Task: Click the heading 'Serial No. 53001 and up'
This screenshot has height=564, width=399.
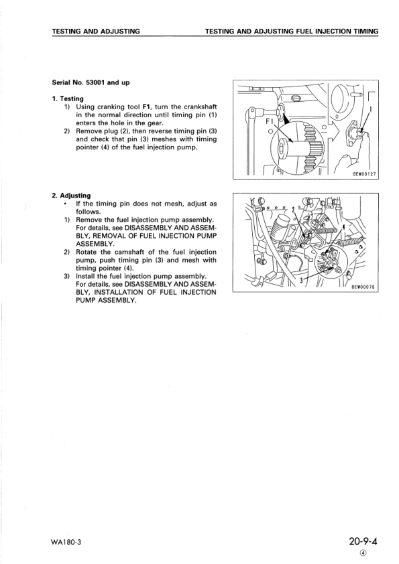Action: [91, 82]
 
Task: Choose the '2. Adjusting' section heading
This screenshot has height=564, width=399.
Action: [71, 196]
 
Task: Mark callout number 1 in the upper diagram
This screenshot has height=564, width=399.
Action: [371, 109]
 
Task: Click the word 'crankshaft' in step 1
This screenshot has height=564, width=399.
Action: [196, 107]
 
